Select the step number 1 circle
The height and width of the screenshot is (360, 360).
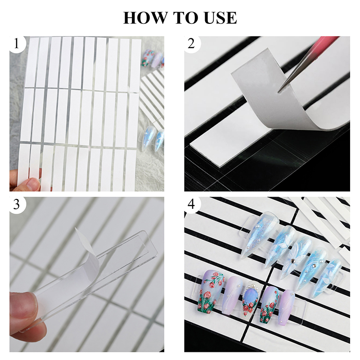click(17, 44)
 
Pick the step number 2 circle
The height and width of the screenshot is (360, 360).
click(192, 44)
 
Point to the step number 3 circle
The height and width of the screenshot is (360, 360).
click(17, 204)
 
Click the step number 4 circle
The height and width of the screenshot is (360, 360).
click(192, 204)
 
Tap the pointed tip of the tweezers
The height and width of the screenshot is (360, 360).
click(278, 91)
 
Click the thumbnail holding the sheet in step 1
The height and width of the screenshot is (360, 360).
click(31, 183)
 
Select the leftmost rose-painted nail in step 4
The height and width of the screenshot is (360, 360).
click(208, 291)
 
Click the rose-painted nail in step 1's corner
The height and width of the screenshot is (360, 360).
click(147, 58)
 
